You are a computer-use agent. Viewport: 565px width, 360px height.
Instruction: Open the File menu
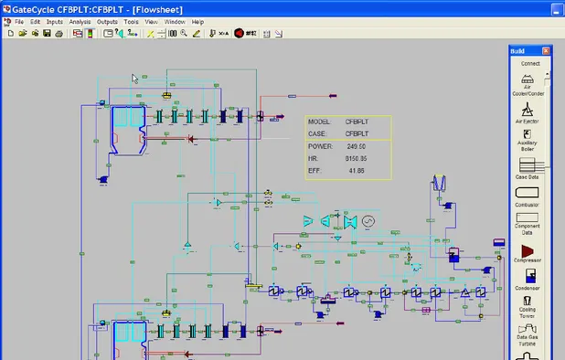18,21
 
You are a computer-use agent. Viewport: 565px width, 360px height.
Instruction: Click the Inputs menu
54,21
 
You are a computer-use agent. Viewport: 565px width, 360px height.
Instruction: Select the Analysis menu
80,21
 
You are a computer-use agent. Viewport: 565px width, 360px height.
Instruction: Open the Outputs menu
107,21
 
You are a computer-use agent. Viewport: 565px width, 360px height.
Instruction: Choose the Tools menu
132,21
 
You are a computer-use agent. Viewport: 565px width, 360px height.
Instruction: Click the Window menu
175,21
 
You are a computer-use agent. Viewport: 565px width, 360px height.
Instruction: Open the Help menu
197,21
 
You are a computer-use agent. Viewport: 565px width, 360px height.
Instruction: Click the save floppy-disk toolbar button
47,34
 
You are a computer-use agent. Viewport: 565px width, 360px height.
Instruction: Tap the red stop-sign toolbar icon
239,34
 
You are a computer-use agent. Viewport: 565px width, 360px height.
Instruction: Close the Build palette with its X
546,50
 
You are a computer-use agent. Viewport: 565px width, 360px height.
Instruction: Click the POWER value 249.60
356,146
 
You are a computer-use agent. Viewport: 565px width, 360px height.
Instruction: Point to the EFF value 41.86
356,171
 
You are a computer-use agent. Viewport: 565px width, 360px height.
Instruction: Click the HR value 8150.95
356,158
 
